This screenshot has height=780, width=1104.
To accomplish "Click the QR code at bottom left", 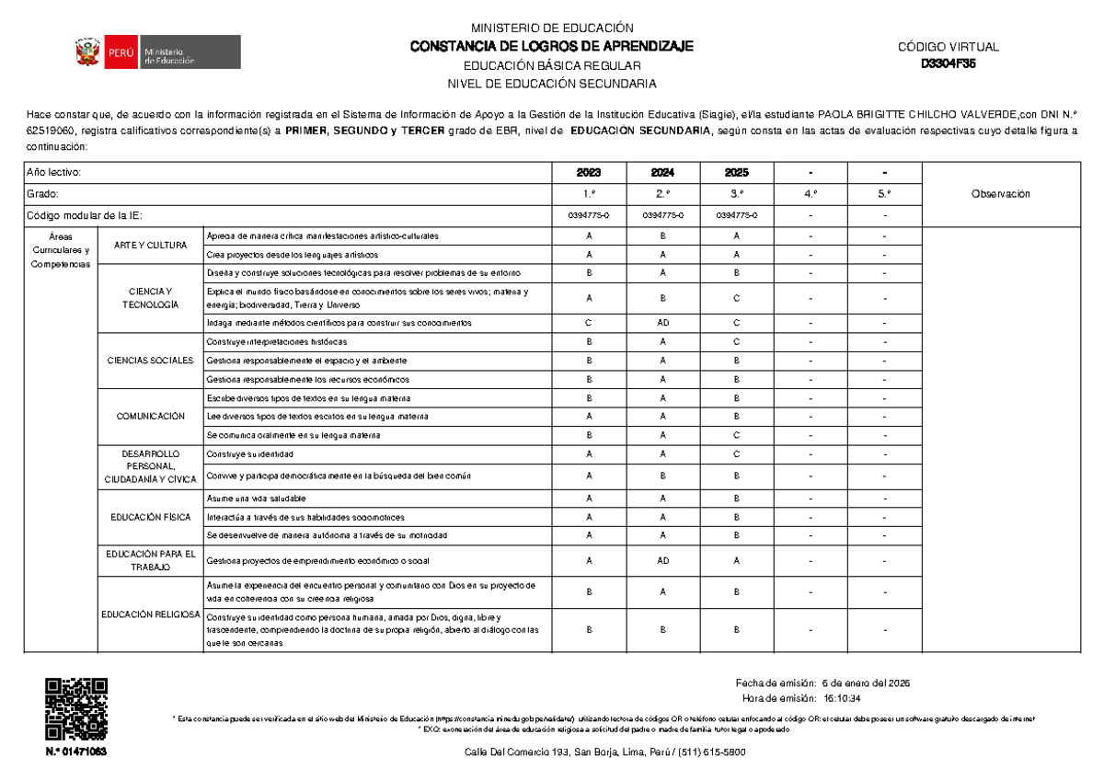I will click(x=76, y=708).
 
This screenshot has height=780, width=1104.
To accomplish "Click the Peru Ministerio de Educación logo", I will click(x=158, y=52).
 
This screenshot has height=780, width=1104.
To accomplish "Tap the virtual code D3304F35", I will click(x=949, y=64).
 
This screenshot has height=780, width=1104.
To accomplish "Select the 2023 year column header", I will click(x=589, y=173).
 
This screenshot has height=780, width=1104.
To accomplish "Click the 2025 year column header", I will click(x=736, y=173).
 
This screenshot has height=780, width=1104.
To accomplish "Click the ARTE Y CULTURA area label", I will click(x=150, y=246).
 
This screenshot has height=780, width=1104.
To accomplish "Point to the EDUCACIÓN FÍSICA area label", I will click(x=150, y=517).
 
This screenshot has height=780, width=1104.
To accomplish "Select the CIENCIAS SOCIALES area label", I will click(x=150, y=360).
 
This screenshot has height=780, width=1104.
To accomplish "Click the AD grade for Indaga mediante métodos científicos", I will click(x=662, y=323).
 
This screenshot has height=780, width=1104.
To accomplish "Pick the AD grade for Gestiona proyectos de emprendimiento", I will click(x=662, y=560).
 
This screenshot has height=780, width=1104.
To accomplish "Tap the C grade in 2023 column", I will click(x=589, y=323).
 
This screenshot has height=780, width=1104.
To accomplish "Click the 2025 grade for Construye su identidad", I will click(x=736, y=454).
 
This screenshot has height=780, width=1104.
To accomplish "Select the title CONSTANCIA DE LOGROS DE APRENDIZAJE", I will click(x=551, y=47).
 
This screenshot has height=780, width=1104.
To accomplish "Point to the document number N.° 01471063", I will click(x=76, y=751).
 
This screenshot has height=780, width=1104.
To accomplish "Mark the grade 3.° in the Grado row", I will click(x=736, y=194).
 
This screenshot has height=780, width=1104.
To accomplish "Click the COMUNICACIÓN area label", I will click(x=150, y=417).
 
